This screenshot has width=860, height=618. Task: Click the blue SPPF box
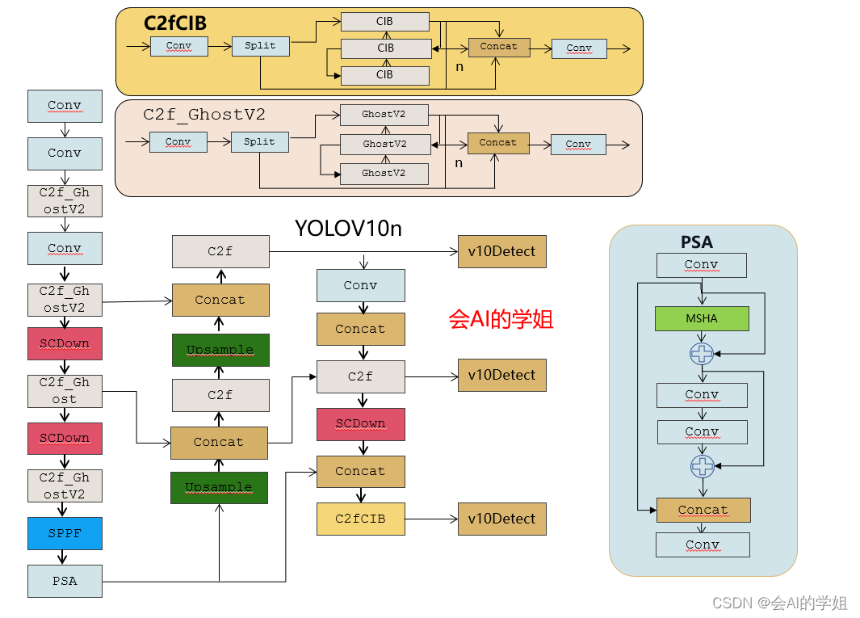coord(65,533)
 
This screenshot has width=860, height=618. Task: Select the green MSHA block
coord(702,318)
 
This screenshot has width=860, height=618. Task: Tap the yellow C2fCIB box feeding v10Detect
coord(360,519)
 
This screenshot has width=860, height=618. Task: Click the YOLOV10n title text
coord(348,229)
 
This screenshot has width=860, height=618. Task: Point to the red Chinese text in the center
coord(501,319)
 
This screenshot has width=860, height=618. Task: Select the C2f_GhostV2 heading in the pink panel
coord(204,115)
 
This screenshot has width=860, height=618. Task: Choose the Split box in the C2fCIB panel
coord(260,46)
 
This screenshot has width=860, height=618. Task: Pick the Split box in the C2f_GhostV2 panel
coord(259,141)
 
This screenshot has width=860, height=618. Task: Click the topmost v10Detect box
coord(501,251)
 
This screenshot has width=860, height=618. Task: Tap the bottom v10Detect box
coord(501,519)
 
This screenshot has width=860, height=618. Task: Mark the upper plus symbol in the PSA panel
coord(702,353)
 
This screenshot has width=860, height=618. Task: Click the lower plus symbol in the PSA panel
coord(703,466)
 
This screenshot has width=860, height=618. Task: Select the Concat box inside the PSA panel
coord(703,510)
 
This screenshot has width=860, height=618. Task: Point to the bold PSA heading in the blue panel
coord(697,242)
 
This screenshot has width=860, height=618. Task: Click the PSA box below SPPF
coord(65,581)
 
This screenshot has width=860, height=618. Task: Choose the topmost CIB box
coord(384,22)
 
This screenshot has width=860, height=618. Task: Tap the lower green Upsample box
coord(219,487)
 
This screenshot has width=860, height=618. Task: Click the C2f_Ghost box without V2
coord(65,391)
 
